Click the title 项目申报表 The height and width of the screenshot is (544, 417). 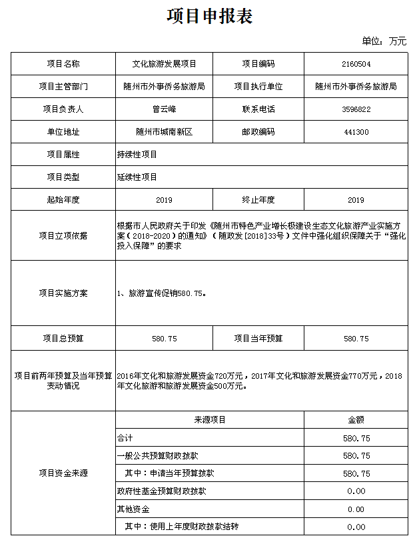(x=209, y=17)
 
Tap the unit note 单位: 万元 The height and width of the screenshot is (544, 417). (x=384, y=41)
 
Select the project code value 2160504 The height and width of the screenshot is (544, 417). (x=356, y=64)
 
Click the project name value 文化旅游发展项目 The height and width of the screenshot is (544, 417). (x=164, y=64)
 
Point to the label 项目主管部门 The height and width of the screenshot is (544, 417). (x=63, y=87)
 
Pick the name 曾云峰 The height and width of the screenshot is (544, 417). (x=164, y=109)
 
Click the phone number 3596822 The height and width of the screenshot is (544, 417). (x=356, y=109)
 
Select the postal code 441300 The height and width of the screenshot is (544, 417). (x=356, y=132)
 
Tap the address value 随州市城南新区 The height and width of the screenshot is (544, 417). (x=164, y=132)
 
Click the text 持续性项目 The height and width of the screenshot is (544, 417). (x=137, y=155)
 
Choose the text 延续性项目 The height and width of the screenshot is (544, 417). (x=137, y=177)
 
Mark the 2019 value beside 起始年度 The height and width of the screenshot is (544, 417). (x=164, y=200)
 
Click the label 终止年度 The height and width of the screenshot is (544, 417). (x=258, y=200)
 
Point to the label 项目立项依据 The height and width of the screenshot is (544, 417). (x=63, y=235)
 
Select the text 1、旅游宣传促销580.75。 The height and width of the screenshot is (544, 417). (x=162, y=293)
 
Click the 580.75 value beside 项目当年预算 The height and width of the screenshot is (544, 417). (x=356, y=339)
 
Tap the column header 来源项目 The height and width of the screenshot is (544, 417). (x=210, y=420)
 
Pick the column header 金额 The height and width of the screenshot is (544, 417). (x=356, y=420)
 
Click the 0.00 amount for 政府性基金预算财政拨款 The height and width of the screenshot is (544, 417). (x=356, y=491)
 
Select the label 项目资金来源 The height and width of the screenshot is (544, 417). (x=63, y=473)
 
